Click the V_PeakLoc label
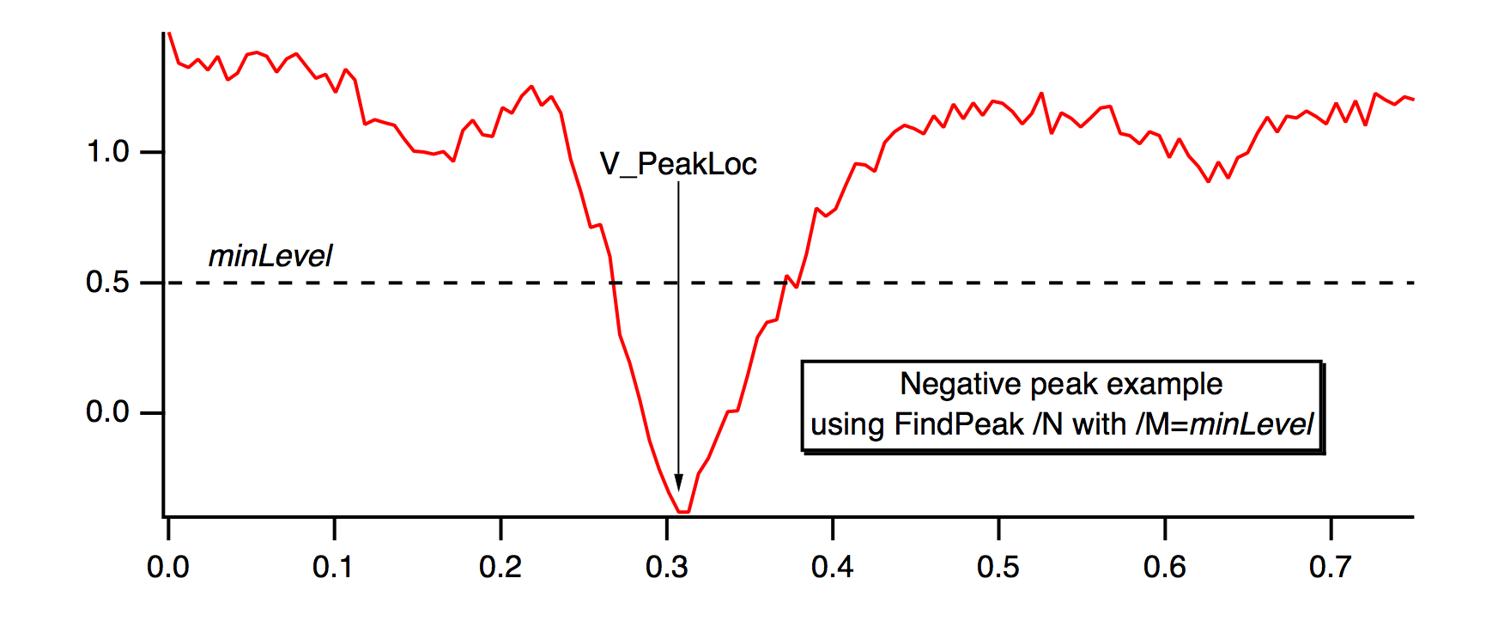tap(678, 164)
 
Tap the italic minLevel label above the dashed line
tap(270, 256)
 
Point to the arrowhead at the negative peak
tap(678, 483)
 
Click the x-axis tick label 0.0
tap(168, 567)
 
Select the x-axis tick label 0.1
tap(334, 567)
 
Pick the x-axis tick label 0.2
tap(500, 567)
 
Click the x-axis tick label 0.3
tap(667, 567)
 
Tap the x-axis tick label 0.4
tap(833, 567)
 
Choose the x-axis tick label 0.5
tap(998, 567)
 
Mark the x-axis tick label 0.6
tap(1165, 567)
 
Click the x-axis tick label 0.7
tap(1331, 567)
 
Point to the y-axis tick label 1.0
tap(107, 152)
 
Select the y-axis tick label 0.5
tap(107, 283)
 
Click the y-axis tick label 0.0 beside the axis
tap(107, 412)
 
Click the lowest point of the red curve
tap(683, 512)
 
